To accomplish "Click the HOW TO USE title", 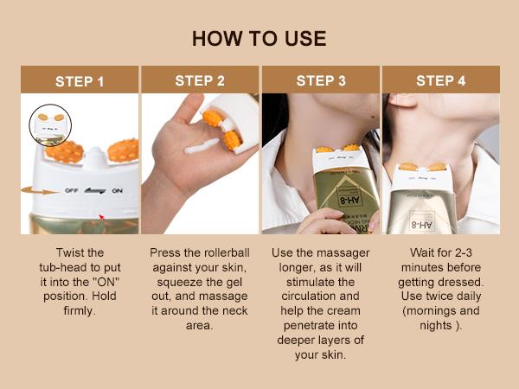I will [x=259, y=39].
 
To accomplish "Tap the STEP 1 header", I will [x=80, y=81].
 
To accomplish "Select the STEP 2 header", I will [x=200, y=80].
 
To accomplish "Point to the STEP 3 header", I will [x=321, y=80].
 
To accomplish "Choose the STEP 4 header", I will [x=441, y=80].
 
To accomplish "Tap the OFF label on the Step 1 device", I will [x=70, y=191].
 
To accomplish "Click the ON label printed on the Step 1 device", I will [x=116, y=191].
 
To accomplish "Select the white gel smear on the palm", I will [x=202, y=150].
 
